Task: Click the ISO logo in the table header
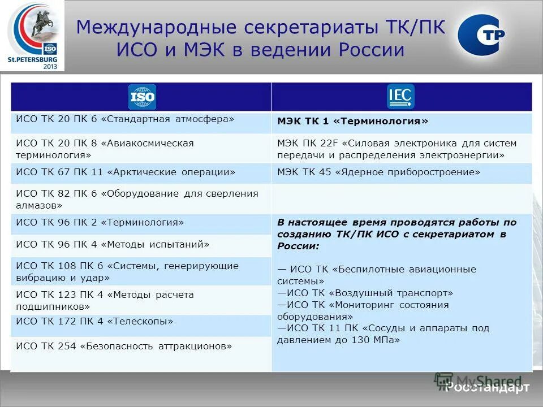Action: coord(141,97)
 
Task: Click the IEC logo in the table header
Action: coord(400,96)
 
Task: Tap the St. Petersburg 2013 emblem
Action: coord(32,36)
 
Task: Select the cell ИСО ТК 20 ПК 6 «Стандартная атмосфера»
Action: coord(141,120)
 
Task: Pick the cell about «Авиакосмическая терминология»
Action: coord(141,149)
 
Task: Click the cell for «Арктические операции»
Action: coord(141,172)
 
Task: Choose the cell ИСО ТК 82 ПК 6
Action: coord(141,199)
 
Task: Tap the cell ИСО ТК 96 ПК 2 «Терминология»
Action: coord(141,223)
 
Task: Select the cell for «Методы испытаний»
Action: coord(141,245)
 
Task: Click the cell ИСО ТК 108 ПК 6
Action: coord(141,271)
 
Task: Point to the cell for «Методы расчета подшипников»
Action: coord(141,300)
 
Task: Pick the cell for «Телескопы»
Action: coord(141,322)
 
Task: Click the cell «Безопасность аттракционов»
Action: coord(141,347)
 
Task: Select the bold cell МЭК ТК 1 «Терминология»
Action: coord(402,122)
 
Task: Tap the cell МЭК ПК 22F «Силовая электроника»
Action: coord(402,149)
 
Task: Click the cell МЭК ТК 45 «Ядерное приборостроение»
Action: coord(402,172)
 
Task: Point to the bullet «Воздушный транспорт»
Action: coord(365,293)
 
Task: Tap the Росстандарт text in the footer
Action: coord(488,387)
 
